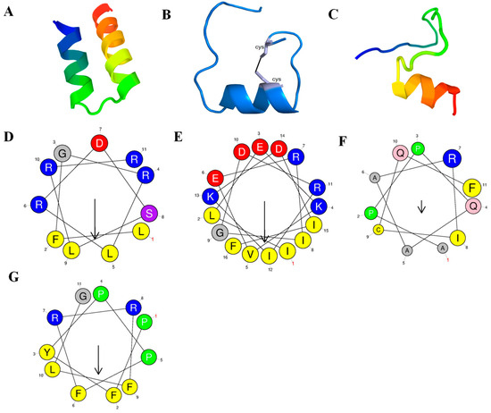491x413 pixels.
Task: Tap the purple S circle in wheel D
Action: (x=151, y=213)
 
